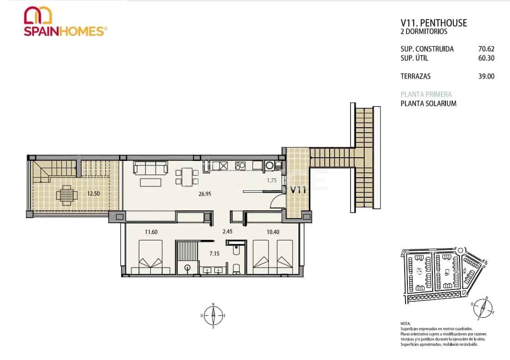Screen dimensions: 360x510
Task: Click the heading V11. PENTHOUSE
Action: (x=434, y=23)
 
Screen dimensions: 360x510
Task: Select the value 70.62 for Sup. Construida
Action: (x=486, y=49)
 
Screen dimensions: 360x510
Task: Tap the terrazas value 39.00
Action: (x=486, y=76)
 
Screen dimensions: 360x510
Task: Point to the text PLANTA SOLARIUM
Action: (x=428, y=104)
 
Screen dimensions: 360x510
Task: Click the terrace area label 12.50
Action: (x=94, y=193)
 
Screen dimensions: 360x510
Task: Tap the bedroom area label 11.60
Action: (x=151, y=232)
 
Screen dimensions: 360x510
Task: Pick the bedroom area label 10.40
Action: (x=273, y=232)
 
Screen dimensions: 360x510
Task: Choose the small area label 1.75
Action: (x=272, y=180)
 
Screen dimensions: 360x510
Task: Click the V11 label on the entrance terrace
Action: (x=298, y=190)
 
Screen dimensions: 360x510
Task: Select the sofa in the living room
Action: (x=150, y=168)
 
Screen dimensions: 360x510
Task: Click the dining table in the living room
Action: (x=187, y=176)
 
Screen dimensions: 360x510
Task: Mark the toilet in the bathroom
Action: (x=236, y=269)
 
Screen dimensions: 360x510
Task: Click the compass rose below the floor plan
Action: (x=213, y=315)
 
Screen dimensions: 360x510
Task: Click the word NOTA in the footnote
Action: (x=405, y=323)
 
